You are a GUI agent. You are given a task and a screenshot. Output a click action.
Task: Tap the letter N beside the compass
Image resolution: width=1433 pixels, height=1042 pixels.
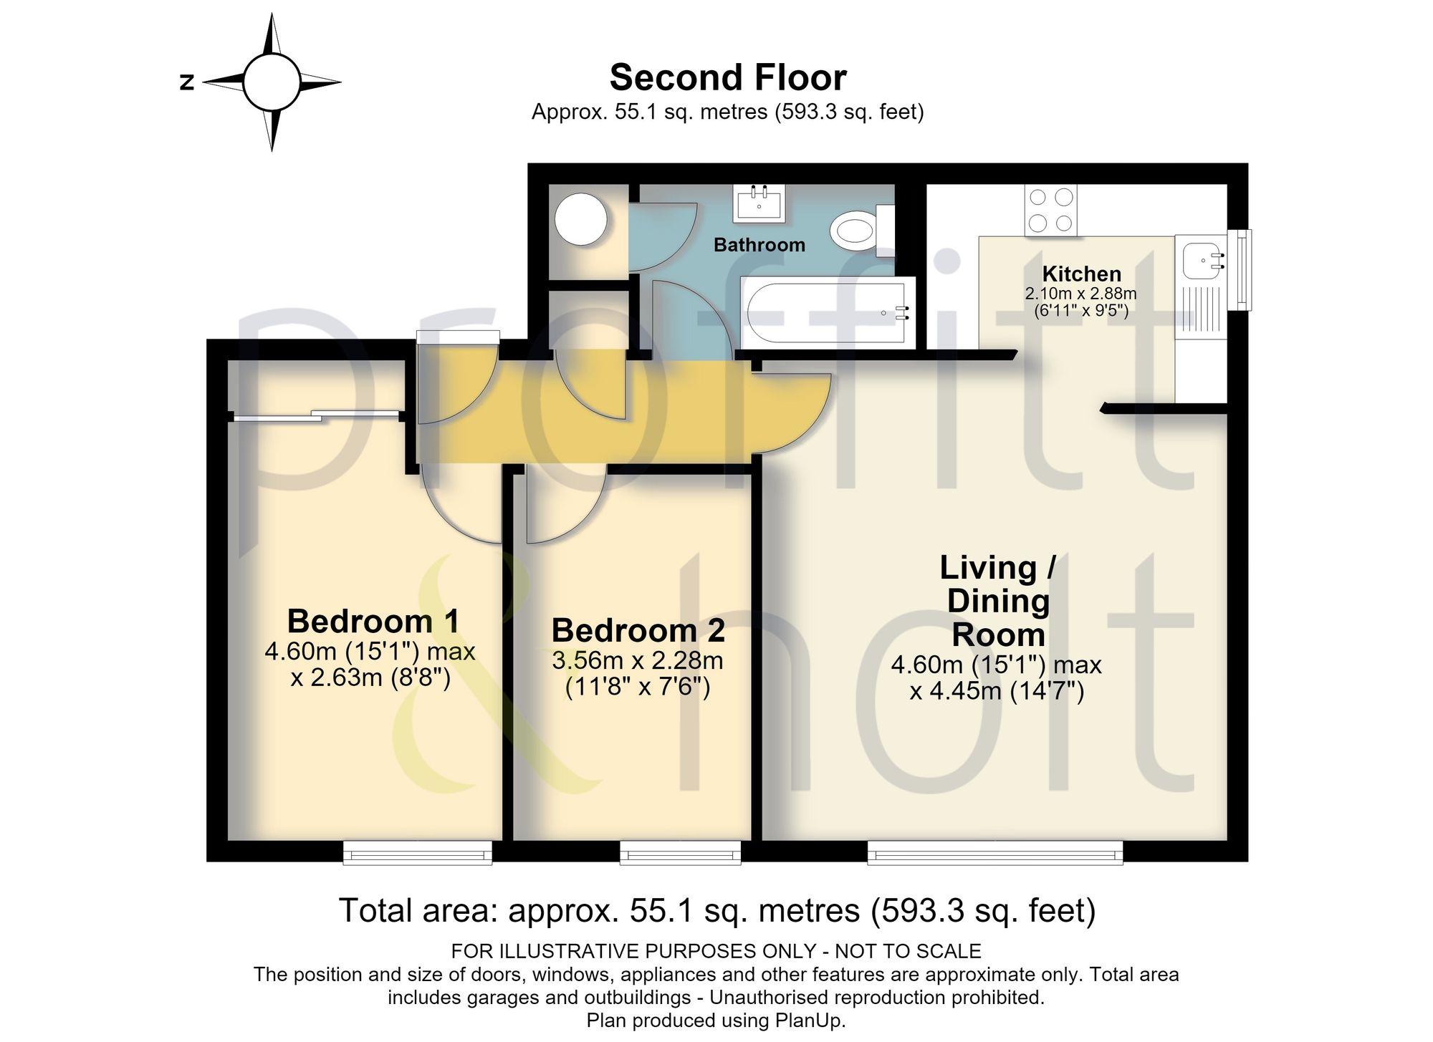187,82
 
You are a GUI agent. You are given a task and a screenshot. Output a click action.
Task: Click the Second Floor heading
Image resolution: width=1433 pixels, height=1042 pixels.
728,77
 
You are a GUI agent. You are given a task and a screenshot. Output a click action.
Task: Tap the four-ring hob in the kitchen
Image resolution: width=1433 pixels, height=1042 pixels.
1052,211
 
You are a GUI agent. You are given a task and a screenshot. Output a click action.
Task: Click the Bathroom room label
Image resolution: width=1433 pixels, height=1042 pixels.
759,245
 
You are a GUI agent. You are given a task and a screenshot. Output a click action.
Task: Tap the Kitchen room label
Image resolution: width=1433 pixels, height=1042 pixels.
1081,274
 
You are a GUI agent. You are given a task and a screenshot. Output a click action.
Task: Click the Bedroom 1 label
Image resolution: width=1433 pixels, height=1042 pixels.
373,621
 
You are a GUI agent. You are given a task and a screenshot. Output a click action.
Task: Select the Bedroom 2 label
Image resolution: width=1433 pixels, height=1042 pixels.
638,630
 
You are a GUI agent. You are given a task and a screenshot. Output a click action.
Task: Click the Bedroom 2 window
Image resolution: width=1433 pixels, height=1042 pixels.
680,852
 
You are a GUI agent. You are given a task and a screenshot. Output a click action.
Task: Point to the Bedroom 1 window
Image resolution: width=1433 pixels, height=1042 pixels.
418,852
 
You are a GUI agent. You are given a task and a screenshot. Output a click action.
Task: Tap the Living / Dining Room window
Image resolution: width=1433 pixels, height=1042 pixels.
995,852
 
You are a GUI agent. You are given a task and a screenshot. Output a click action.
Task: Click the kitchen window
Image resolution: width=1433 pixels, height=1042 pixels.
1240,270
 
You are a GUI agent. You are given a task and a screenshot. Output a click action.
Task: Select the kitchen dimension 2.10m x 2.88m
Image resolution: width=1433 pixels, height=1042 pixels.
1081,294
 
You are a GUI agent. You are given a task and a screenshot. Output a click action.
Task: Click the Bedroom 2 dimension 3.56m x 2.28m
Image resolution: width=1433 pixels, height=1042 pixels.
638,660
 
